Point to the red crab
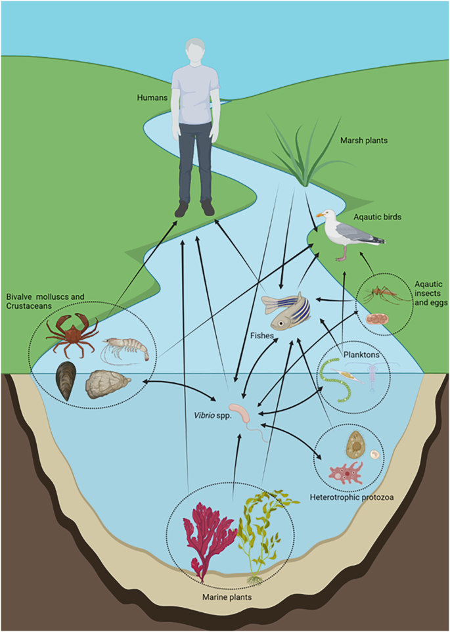point(71,328)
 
